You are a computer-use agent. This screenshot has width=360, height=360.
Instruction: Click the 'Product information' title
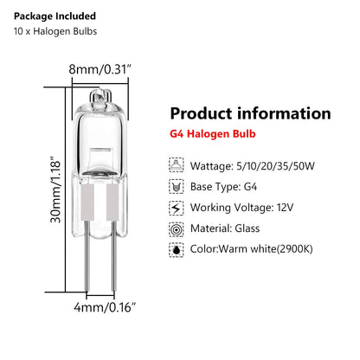[250, 113]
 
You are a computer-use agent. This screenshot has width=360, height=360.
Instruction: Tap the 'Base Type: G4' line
[232, 185]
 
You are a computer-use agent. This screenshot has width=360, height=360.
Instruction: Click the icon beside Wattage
[178, 163]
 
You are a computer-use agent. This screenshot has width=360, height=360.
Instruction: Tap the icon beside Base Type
[178, 185]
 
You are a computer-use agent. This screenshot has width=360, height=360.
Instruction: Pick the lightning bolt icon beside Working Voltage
[178, 209]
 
